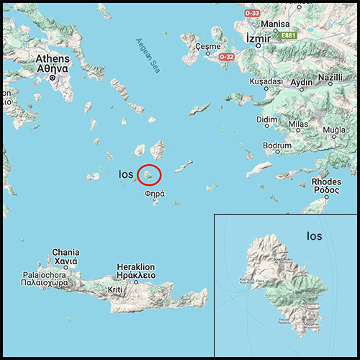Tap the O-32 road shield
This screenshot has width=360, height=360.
[x=226, y=56]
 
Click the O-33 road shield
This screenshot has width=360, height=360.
[x=251, y=12]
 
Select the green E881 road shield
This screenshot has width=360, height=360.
[x=289, y=34]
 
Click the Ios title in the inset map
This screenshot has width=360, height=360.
[x=314, y=235]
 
